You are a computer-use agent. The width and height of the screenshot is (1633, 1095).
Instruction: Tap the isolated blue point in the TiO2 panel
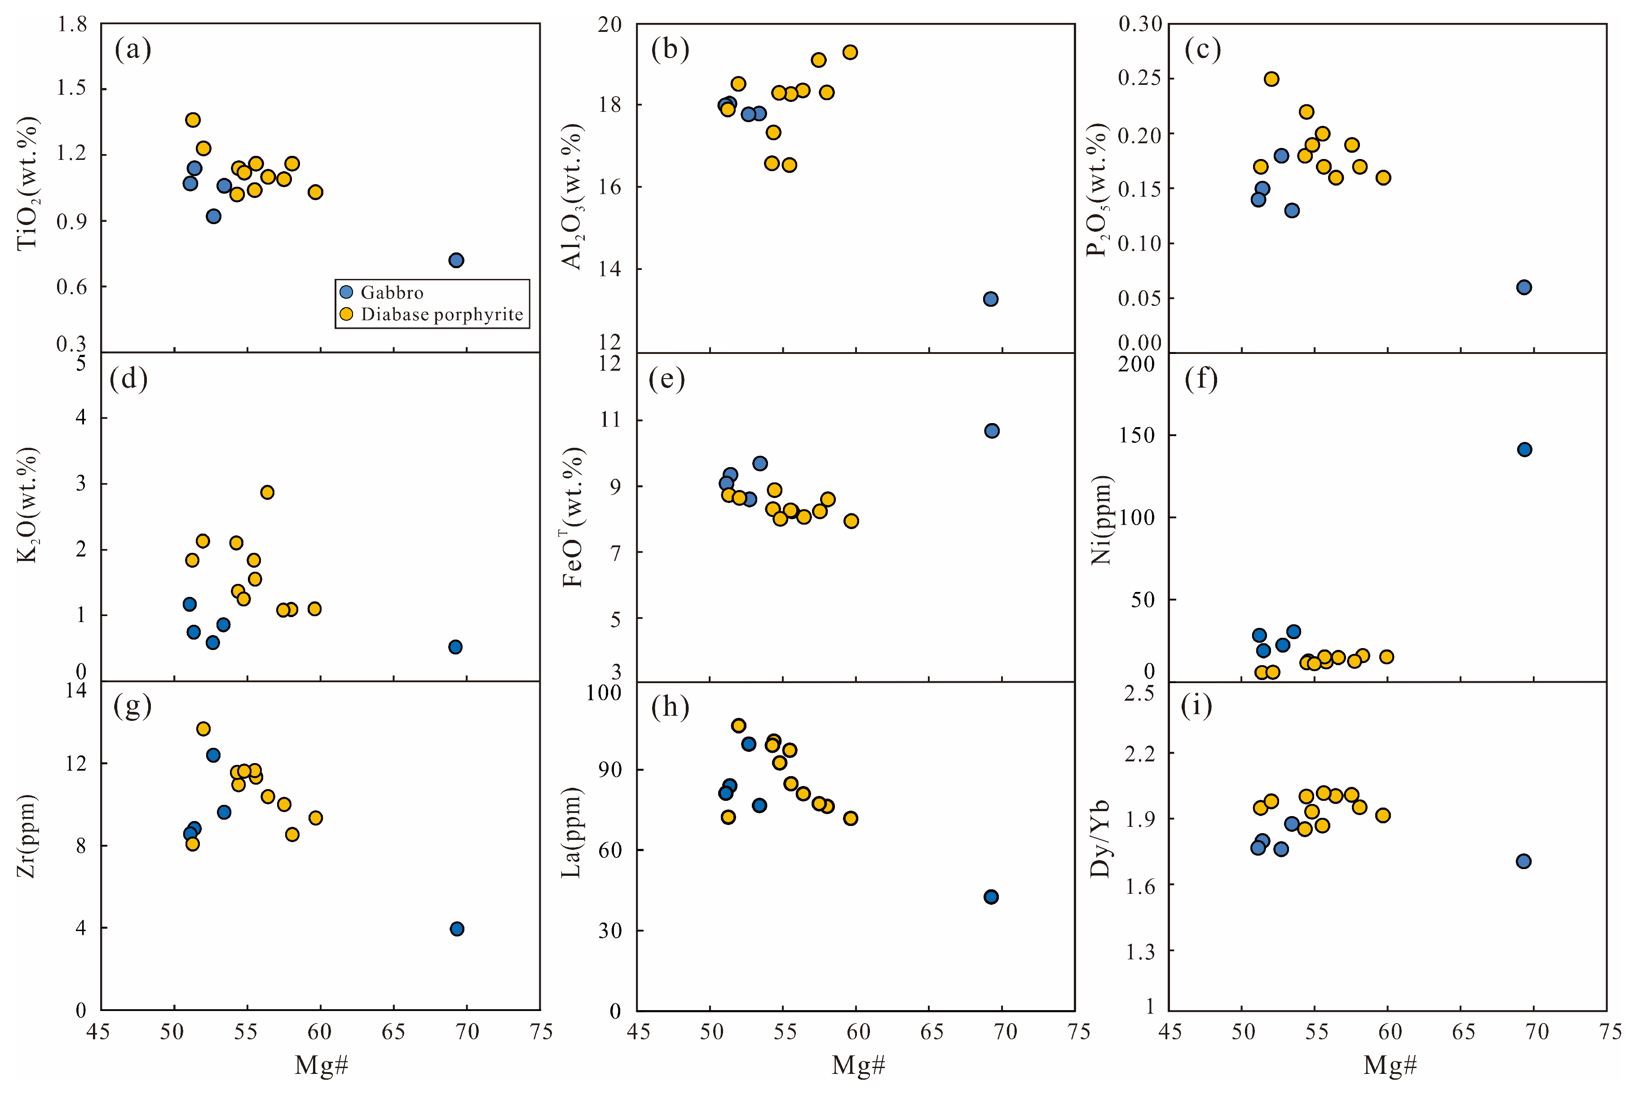456,261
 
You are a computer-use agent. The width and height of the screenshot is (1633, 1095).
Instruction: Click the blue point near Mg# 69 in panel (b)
990,299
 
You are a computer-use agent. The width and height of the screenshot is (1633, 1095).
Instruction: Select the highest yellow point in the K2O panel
267,492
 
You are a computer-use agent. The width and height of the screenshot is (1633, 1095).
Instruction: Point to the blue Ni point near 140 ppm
1524,449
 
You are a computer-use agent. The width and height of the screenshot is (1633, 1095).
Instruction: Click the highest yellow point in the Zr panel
203,729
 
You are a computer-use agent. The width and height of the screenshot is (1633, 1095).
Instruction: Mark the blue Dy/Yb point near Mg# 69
1523,861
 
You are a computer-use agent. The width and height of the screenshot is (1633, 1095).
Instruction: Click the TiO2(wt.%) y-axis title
28,184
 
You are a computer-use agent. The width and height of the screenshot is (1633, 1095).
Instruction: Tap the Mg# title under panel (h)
858,1065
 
